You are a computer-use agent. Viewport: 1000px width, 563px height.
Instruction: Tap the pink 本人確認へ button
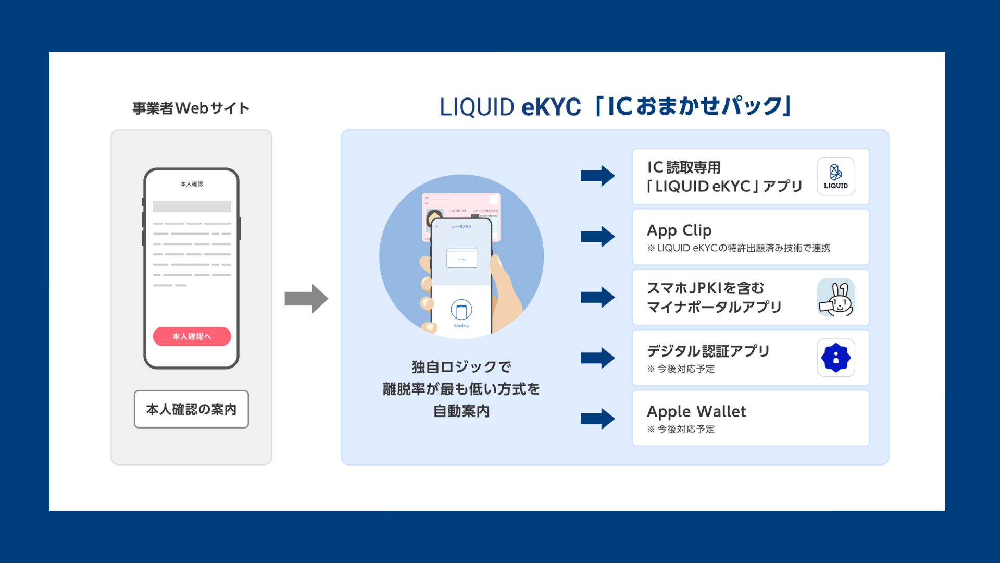coord(192,336)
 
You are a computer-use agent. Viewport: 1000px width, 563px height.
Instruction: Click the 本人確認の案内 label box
coord(191,409)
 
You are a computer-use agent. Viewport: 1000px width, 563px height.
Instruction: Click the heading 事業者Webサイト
coord(191,108)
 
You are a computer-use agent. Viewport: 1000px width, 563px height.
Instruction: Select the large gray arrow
coord(306,299)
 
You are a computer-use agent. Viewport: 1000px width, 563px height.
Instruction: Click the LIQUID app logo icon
coord(835,176)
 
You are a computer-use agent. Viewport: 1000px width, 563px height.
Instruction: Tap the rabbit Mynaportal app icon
coord(835,298)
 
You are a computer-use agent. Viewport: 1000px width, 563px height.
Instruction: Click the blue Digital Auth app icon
coord(835,358)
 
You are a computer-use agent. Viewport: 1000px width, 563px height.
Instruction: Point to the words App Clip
coord(679,230)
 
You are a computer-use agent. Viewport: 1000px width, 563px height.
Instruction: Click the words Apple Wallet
coord(696,411)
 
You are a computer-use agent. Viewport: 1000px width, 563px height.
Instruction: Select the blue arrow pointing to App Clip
coord(597,236)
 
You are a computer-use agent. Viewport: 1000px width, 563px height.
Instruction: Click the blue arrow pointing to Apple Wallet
coord(597,418)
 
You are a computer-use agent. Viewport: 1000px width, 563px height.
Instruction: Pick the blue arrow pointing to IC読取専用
coord(597,176)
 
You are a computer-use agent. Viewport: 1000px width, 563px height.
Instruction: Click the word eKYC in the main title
coord(551,107)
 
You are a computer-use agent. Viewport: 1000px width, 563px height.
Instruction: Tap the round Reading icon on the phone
coord(461,310)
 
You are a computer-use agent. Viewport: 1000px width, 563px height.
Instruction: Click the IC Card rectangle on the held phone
coord(461,259)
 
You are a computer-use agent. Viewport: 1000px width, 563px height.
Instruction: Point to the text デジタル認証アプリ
coord(708,351)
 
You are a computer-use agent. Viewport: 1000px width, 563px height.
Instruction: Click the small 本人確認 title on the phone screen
coord(192,184)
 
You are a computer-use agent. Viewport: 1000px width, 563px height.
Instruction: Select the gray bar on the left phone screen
coord(192,206)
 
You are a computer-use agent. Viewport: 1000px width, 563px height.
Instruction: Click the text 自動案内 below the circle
coord(461,411)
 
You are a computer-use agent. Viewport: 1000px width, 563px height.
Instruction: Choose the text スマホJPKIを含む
coord(705,288)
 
